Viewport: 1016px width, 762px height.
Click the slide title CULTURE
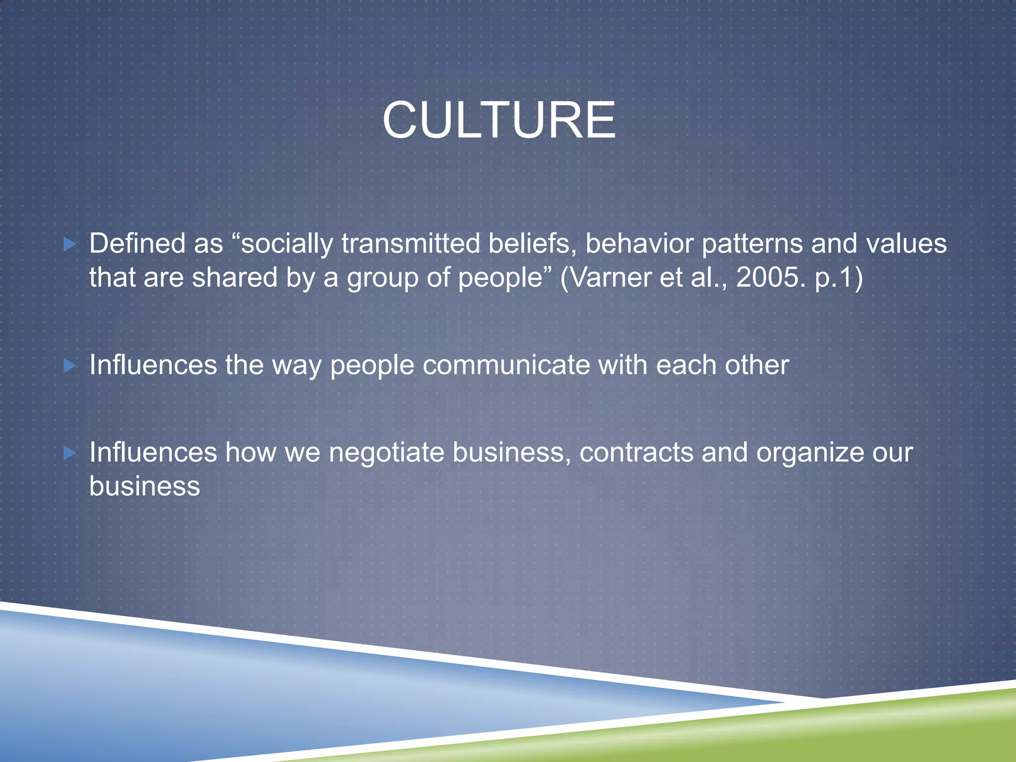coord(499,121)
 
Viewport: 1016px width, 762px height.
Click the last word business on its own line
coord(144,486)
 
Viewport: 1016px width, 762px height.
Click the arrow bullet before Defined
coord(70,244)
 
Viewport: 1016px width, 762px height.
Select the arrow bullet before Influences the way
coord(70,366)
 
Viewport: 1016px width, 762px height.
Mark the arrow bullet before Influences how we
coord(70,453)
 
